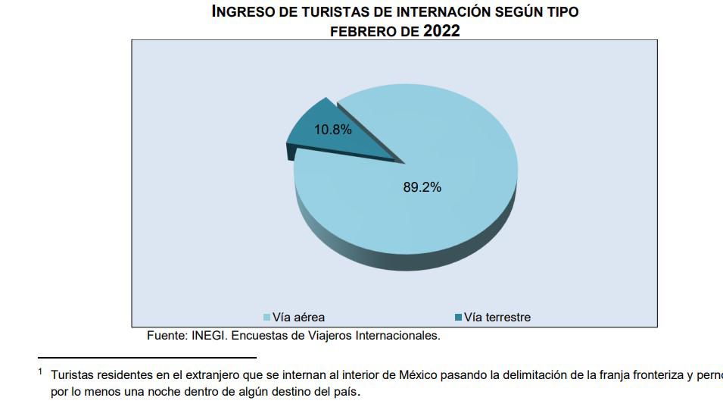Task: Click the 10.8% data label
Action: (333, 130)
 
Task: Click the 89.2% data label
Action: (422, 187)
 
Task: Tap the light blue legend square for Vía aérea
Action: (266, 318)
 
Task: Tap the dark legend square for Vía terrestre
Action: (458, 318)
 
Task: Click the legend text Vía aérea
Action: (298, 318)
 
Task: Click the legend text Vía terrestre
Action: (497, 318)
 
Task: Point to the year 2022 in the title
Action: (441, 31)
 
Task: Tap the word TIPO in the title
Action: (562, 12)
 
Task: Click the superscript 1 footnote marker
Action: (40, 371)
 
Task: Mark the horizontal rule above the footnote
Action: (147, 357)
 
